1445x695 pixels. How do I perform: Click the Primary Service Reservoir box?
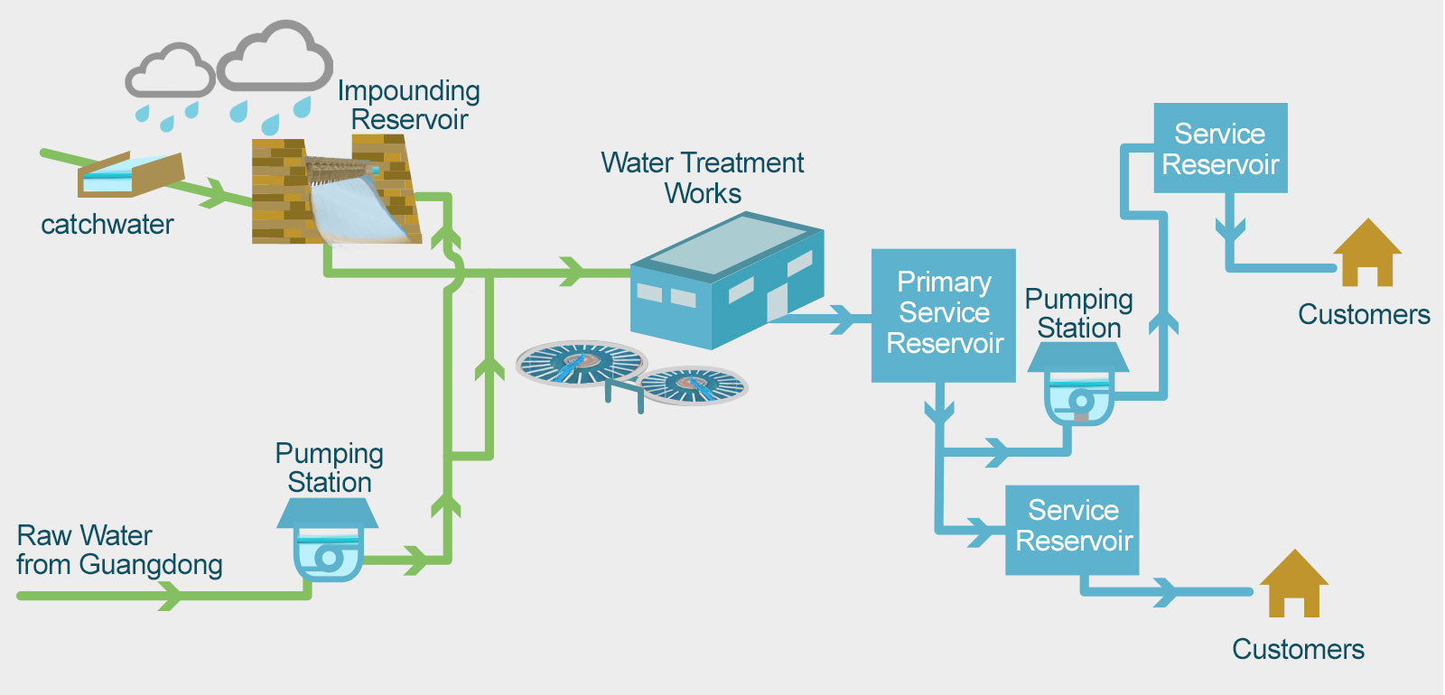point(943,315)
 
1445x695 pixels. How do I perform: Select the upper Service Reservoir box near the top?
point(1220,148)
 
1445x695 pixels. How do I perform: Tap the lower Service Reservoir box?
point(1072,530)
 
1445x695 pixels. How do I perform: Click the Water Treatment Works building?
point(727,280)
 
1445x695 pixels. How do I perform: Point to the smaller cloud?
point(170,71)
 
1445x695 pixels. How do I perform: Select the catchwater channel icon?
point(130,174)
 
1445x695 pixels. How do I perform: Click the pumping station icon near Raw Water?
point(328,542)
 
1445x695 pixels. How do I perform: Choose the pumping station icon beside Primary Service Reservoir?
point(1078,385)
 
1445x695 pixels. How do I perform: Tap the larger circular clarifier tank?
point(582,363)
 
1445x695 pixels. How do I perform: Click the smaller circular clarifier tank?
point(693,385)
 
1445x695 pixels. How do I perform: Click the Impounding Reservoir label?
point(408,105)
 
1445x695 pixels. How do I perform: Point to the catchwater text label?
point(107,224)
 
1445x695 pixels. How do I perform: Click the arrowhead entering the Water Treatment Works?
point(571,271)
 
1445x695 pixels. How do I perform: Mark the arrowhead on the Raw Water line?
point(170,595)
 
